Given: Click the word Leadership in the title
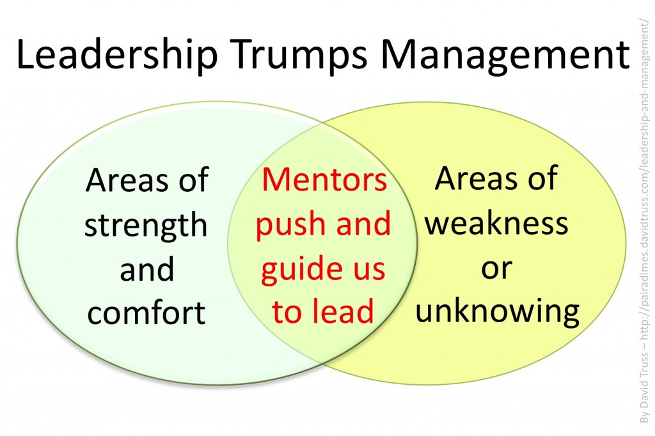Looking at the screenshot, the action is (118, 54).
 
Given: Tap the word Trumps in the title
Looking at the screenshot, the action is (299, 54).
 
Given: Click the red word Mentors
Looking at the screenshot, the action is (324, 180).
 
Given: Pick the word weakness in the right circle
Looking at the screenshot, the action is (496, 223).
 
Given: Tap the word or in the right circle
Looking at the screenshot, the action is (496, 269).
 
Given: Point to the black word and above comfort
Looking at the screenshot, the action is (146, 269).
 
